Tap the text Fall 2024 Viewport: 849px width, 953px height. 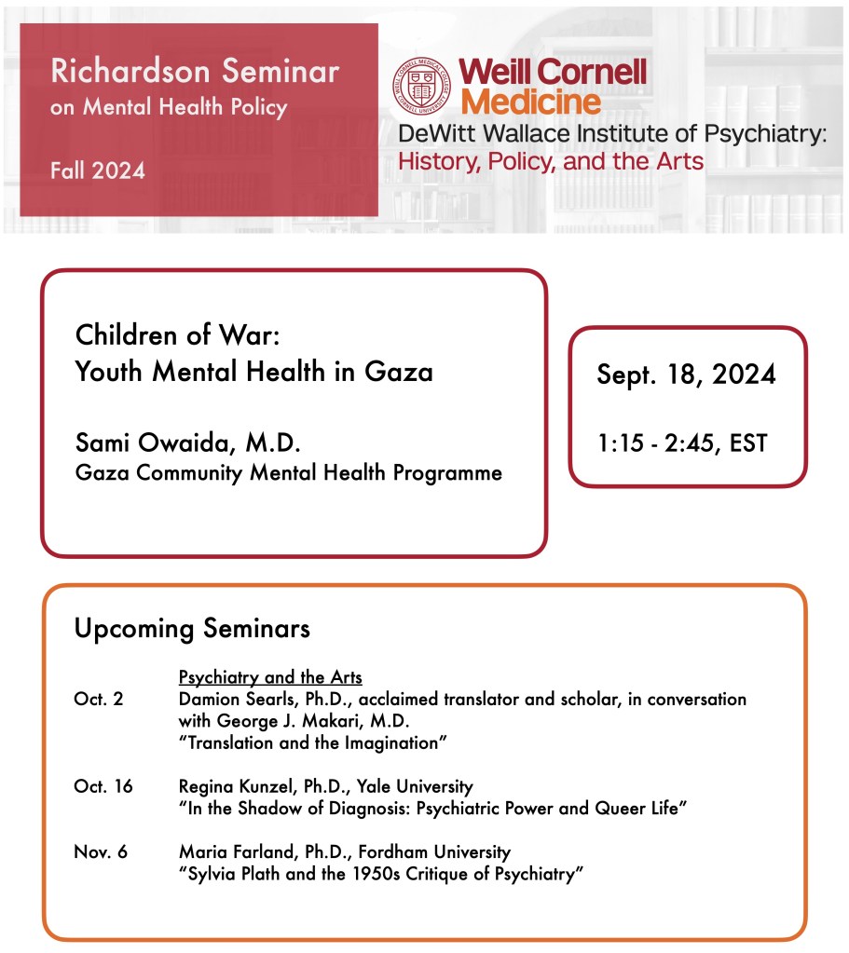[98, 170]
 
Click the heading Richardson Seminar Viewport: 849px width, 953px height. [195, 71]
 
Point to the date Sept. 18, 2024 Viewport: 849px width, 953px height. [687, 374]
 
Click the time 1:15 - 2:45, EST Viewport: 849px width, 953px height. [683, 443]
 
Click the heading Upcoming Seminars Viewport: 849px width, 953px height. [192, 629]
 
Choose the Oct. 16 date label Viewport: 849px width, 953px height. [103, 787]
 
